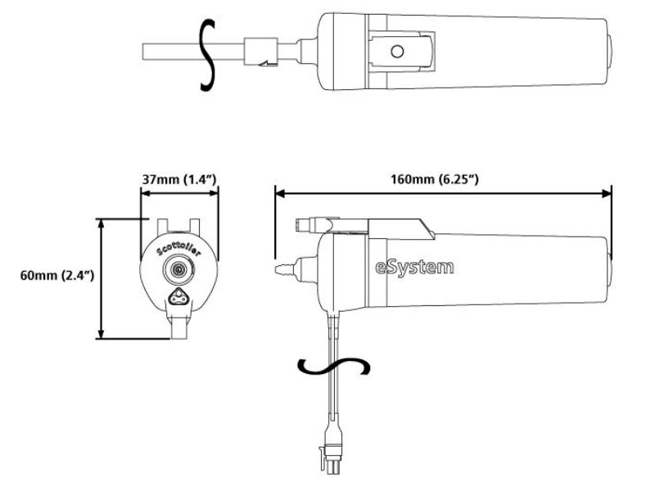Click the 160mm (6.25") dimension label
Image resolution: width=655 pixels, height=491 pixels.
tap(435, 179)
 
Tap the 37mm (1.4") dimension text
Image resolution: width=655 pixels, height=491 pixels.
tap(179, 179)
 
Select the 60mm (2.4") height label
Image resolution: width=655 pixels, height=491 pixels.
tap(57, 276)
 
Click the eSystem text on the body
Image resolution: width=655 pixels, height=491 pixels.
tap(414, 268)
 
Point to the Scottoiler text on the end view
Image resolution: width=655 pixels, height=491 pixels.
tap(178, 248)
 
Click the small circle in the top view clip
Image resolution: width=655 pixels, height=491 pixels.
tap(397, 52)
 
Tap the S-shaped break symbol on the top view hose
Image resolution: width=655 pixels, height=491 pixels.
tap(208, 55)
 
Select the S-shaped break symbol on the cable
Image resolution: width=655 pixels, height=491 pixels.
tap(333, 367)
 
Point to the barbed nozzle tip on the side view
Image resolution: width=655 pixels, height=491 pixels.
tap(284, 268)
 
